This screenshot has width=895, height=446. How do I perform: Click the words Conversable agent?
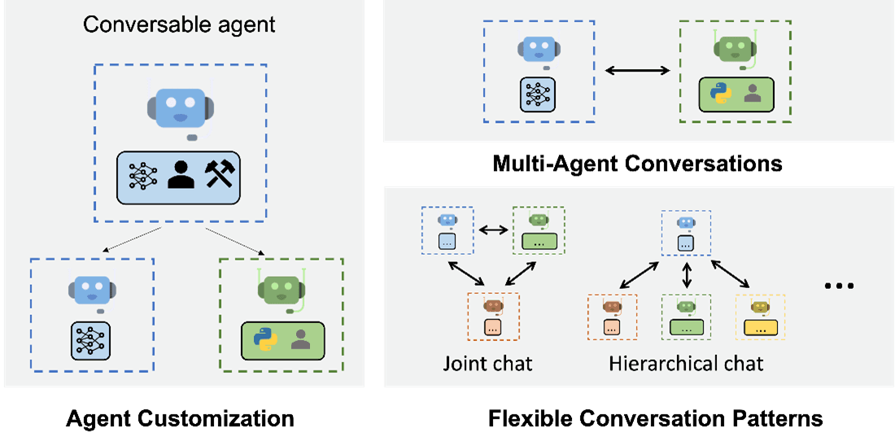pos(179,24)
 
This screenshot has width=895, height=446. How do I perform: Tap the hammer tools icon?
pos(220,174)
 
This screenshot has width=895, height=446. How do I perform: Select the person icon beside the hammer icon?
pos(180,174)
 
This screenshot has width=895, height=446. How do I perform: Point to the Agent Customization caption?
pos(180,420)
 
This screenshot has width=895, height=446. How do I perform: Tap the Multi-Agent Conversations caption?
pos(637,164)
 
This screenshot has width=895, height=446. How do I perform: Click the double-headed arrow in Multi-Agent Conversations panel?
pos(637,72)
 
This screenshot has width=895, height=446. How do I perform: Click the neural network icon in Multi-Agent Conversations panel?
pos(537,94)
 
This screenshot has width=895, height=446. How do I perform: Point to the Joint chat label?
pos(488,362)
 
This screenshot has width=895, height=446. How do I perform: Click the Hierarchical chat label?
pos(686,362)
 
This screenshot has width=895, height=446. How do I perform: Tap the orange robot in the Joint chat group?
pos(492,307)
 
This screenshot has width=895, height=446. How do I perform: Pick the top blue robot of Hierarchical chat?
pos(686,222)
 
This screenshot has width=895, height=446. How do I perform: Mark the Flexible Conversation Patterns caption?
pos(655,420)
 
